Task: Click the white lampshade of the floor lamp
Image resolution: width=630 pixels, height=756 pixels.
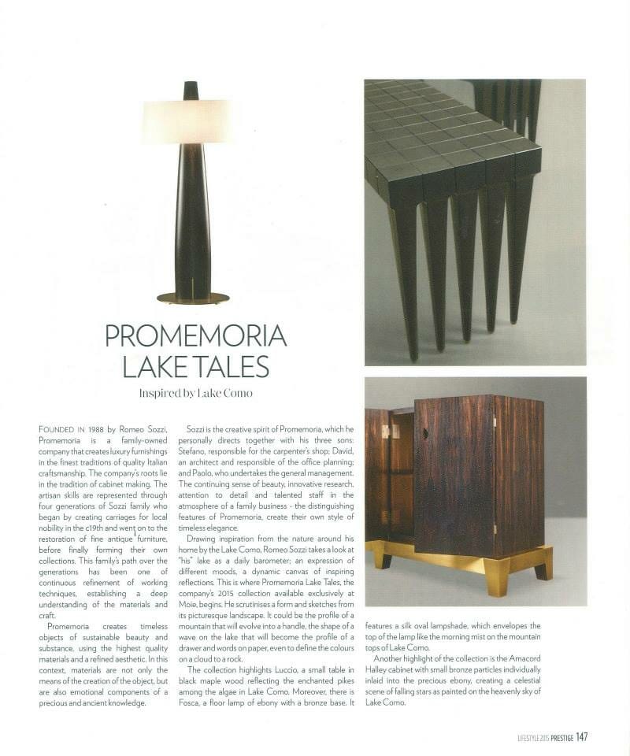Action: (x=190, y=121)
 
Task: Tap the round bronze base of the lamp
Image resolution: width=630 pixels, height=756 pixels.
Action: (x=193, y=298)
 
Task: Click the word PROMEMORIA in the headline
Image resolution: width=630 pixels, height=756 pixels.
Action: (x=195, y=336)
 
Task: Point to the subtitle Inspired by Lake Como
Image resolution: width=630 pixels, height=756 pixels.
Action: (x=195, y=393)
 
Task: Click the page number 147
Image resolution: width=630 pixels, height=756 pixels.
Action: (x=581, y=737)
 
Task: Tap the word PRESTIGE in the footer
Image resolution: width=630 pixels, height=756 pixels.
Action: (x=555, y=738)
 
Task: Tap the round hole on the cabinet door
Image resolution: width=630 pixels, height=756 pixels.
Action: (x=426, y=434)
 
